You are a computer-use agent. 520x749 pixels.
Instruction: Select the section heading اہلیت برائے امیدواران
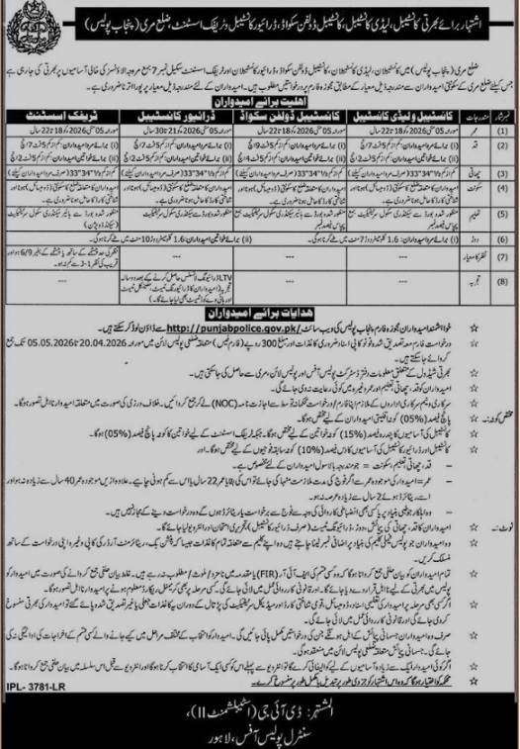[260, 102]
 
